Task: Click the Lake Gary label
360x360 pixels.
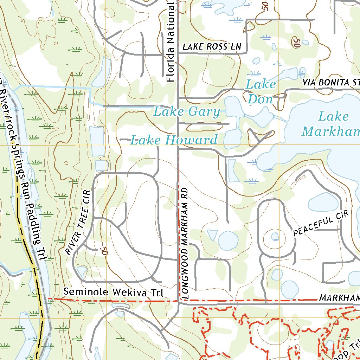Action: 187,112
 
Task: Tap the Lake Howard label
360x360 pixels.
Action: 174,140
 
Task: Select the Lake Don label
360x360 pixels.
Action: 261,92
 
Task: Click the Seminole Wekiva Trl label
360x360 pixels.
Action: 114,292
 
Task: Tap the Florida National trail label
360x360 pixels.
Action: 171,41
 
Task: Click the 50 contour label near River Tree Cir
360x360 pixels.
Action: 103,251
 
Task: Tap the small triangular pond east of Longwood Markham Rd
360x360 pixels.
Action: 212,234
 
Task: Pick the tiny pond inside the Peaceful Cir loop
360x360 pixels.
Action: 275,237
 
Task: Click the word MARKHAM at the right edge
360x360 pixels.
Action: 339,298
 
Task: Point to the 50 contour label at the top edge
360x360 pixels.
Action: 265,5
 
